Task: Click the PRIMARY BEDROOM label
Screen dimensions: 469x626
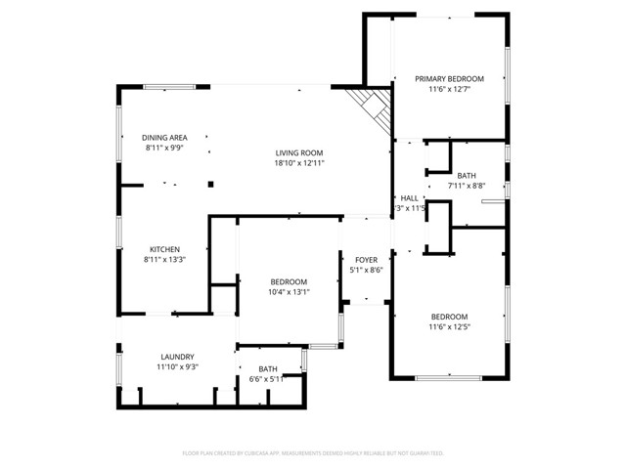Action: [x=449, y=78]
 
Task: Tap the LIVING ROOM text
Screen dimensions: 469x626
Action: [x=298, y=152]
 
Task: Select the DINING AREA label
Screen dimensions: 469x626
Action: [x=164, y=138]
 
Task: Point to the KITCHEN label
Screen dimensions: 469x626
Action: [x=163, y=249]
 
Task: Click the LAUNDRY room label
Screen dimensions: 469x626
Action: [x=177, y=357]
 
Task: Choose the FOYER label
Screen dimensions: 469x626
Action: [x=366, y=259]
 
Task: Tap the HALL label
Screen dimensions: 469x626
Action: [x=409, y=197]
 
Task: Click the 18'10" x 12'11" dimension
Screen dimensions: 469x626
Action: [x=298, y=163]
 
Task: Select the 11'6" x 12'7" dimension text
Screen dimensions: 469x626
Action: [x=449, y=89]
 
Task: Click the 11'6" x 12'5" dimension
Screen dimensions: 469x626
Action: [x=449, y=327]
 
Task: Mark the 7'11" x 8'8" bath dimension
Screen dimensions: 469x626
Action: [x=467, y=185]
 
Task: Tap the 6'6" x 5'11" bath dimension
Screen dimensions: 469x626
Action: [x=267, y=379]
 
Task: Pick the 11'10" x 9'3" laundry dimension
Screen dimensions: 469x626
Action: [x=177, y=367]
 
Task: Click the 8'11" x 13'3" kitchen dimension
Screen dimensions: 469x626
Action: [x=163, y=260]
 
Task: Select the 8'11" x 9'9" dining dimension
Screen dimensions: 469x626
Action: [x=164, y=149]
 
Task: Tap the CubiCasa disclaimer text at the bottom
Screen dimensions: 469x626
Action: [x=313, y=453]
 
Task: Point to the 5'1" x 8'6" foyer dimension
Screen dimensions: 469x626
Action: [x=366, y=270]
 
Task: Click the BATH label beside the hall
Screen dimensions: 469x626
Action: [x=467, y=174]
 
